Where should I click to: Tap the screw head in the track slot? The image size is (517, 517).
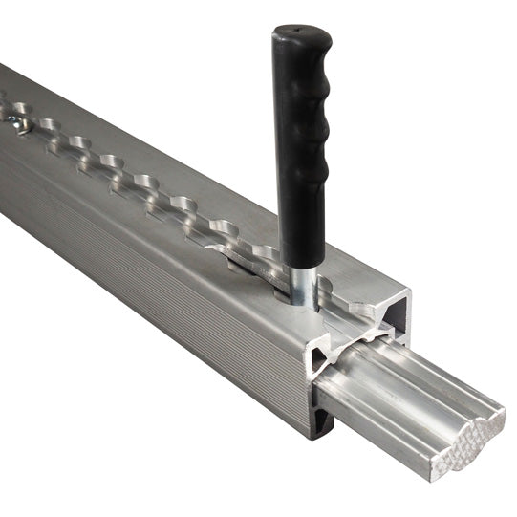coord(18,122)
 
